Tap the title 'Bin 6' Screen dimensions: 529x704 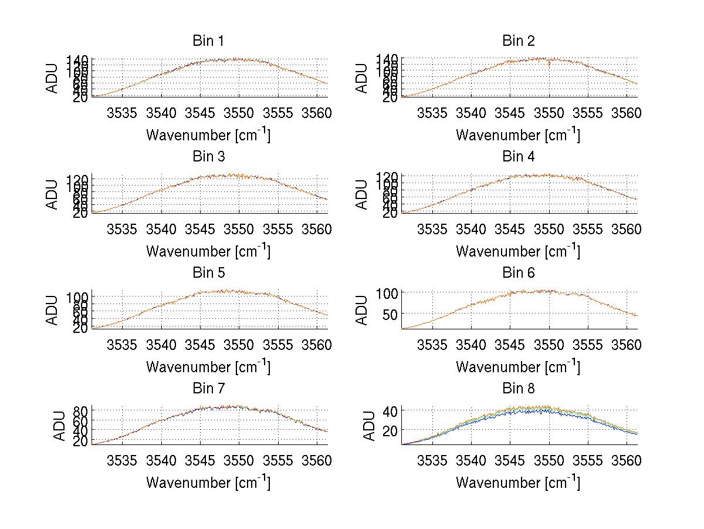[x=518, y=272]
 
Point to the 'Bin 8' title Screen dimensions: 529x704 [x=518, y=388]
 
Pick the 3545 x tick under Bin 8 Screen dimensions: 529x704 [x=510, y=460]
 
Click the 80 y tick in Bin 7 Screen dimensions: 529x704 [x=79, y=410]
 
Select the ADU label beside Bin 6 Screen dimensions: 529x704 [x=363, y=310]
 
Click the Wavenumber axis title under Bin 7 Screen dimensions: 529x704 [x=208, y=482]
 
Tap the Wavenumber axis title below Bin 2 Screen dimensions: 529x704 [x=518, y=134]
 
